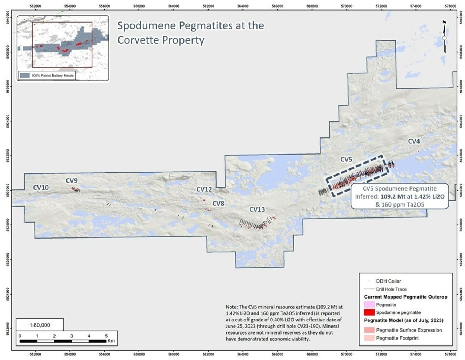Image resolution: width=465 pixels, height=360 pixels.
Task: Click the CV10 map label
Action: pyautogui.click(x=41, y=188)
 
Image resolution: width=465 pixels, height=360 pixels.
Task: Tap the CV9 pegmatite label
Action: pyautogui.click(x=72, y=180)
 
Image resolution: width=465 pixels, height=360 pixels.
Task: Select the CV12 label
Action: pyautogui.click(x=204, y=189)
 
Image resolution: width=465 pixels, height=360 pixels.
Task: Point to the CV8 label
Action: pyautogui.click(x=218, y=204)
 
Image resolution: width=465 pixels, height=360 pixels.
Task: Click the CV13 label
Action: pyautogui.click(x=257, y=209)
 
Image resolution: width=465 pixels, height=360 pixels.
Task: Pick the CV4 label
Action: pyautogui.click(x=414, y=141)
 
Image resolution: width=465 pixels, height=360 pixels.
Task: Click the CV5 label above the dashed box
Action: pyautogui.click(x=346, y=160)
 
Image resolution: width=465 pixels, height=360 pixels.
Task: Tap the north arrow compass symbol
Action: pyautogui.click(x=444, y=37)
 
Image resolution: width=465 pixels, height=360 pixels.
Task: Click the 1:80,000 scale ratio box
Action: pyautogui.click(x=40, y=325)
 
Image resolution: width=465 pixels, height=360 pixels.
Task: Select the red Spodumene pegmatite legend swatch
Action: pyautogui.click(x=369, y=312)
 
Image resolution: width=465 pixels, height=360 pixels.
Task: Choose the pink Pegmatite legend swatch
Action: pyautogui.click(x=369, y=304)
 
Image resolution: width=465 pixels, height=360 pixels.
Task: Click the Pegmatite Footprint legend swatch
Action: pyautogui.click(x=369, y=338)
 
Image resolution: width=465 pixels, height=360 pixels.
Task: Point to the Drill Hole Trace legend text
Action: pyautogui.click(x=391, y=289)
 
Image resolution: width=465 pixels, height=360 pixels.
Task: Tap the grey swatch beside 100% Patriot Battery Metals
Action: pyautogui.click(x=25, y=76)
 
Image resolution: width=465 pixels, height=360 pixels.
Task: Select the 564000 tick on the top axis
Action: pyautogui.click(x=243, y=6)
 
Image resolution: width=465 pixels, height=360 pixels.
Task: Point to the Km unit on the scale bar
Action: pyautogui.click(x=111, y=341)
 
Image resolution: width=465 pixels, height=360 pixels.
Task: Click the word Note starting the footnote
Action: pyautogui.click(x=231, y=307)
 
